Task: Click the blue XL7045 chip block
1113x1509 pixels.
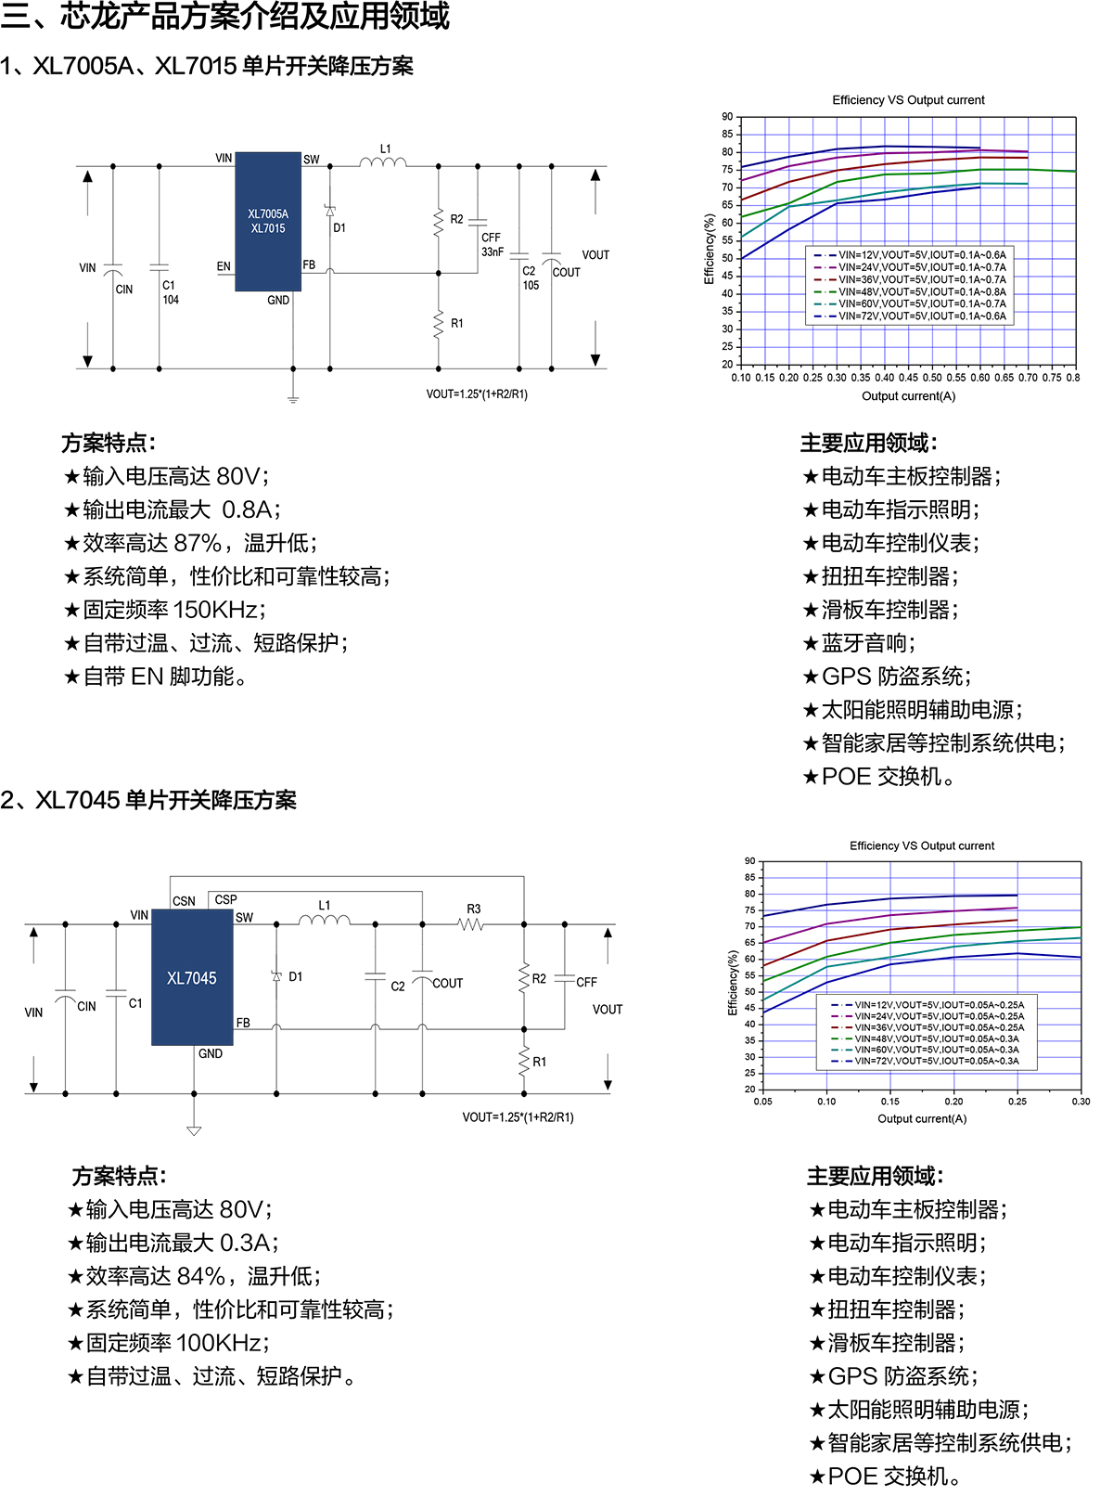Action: coord(192,977)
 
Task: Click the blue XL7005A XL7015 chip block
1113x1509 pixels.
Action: coord(268,221)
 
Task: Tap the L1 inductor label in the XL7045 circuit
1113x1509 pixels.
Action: coord(324,905)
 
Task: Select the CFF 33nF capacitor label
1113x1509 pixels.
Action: coord(492,244)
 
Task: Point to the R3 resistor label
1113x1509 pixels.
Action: coord(473,909)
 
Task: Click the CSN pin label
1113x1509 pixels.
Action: coord(184,901)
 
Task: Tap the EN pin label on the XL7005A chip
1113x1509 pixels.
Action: coord(224,266)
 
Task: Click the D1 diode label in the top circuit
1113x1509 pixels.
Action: coord(339,227)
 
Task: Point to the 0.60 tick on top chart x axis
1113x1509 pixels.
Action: coord(979,378)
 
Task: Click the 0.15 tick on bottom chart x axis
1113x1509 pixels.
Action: coord(890,1102)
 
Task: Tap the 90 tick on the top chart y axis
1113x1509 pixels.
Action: coord(727,117)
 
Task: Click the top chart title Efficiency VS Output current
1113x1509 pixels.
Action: coord(908,100)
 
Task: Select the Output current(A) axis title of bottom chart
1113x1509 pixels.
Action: coord(922,1118)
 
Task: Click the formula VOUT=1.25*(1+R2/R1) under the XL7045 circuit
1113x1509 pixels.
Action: coord(518,1117)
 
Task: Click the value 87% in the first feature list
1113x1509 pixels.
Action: coord(198,543)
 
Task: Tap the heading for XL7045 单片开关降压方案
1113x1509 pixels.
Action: coord(148,800)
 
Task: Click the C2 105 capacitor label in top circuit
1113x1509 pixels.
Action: coord(530,278)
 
